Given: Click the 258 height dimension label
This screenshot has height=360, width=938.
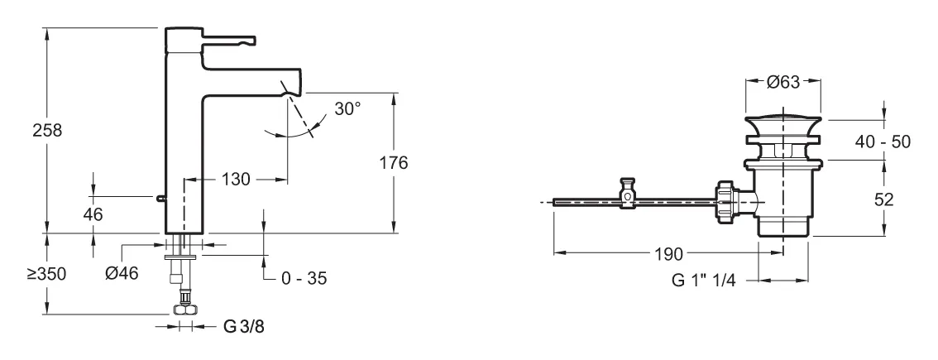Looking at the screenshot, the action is click(x=47, y=130).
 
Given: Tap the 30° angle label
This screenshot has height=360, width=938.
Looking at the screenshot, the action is click(x=347, y=108).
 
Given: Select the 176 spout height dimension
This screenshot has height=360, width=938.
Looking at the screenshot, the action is click(x=394, y=162).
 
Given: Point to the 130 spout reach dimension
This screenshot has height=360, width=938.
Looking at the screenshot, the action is click(x=237, y=179).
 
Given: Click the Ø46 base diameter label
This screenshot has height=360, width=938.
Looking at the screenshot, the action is click(x=122, y=273).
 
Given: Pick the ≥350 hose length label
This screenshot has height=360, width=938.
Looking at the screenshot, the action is click(x=46, y=274).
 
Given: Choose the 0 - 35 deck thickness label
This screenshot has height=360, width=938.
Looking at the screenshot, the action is click(x=304, y=278).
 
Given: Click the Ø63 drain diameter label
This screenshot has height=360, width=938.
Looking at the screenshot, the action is click(x=782, y=82).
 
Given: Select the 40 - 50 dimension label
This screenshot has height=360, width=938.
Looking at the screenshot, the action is click(x=883, y=142).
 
